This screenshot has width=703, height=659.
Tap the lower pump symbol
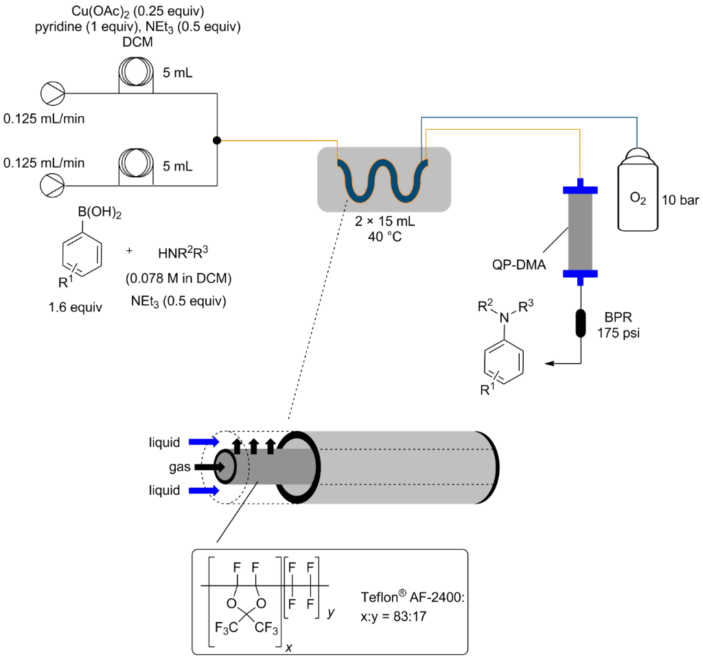click(52, 183)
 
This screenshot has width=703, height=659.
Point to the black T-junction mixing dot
click(217, 140)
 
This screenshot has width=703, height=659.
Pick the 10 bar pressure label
click(680, 200)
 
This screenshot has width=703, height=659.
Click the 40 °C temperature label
click(385, 236)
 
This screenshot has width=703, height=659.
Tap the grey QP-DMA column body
click(579, 230)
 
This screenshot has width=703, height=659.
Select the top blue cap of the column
click(579, 188)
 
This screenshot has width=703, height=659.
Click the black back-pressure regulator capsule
click(580, 323)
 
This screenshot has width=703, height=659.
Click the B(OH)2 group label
click(100, 215)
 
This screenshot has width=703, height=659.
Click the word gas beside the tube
click(174, 467)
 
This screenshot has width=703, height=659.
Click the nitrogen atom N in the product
click(505, 316)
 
